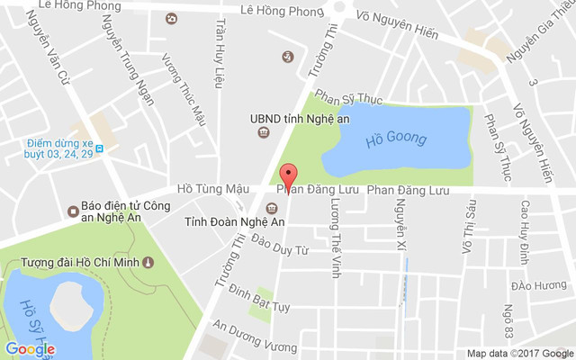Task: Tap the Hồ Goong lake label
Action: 396,139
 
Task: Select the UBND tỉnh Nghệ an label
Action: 300,116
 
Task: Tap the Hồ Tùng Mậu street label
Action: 212,189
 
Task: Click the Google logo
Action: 30,348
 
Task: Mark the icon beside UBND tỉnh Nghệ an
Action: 263,133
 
